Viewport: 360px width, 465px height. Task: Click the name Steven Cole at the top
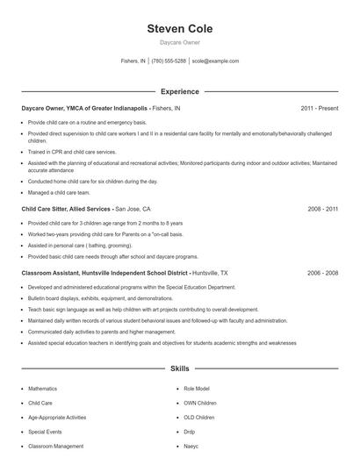pyautogui.click(x=179, y=29)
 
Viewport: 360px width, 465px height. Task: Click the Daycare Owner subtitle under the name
pyautogui.click(x=179, y=43)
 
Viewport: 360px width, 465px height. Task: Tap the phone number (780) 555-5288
pyautogui.click(x=169, y=61)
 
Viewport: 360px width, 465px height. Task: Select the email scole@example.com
pyautogui.click(x=215, y=61)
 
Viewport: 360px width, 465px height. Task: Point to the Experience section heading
pyautogui.click(x=179, y=91)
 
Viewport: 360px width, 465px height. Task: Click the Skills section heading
pyautogui.click(x=179, y=368)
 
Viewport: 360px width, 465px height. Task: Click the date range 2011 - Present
pyautogui.click(x=319, y=108)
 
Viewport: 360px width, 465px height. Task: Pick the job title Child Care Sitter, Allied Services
pyautogui.click(x=66, y=210)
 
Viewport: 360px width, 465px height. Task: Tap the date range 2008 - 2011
pyautogui.click(x=322, y=210)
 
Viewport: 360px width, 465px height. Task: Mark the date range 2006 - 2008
pyautogui.click(x=322, y=273)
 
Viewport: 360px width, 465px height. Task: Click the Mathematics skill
pyautogui.click(x=42, y=388)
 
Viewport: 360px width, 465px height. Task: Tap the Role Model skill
pyautogui.click(x=197, y=388)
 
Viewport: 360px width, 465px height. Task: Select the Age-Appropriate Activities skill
pyautogui.click(x=57, y=418)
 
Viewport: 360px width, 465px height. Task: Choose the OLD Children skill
pyautogui.click(x=199, y=418)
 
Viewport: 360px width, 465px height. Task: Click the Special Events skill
pyautogui.click(x=45, y=432)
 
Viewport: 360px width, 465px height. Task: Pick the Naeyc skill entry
pyautogui.click(x=191, y=447)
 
